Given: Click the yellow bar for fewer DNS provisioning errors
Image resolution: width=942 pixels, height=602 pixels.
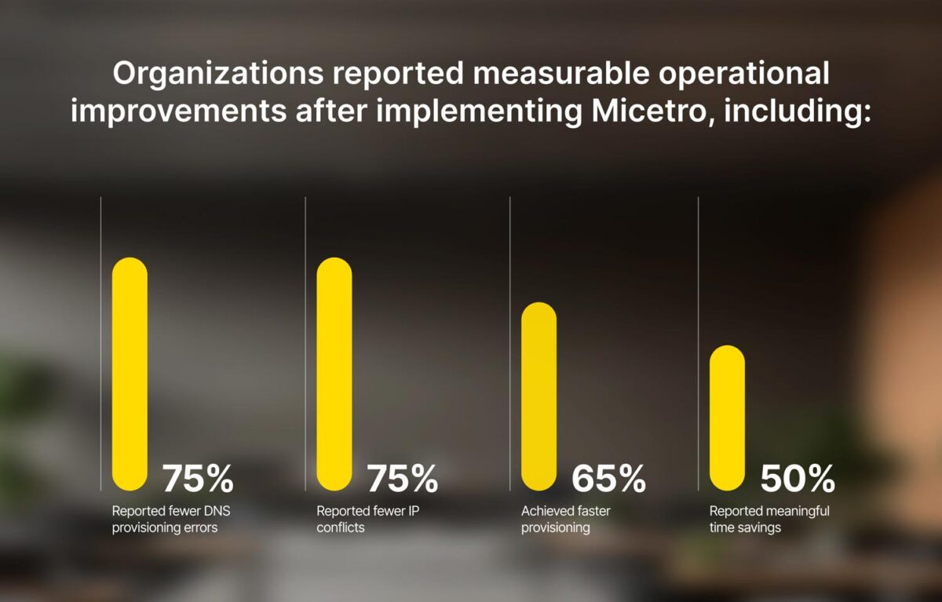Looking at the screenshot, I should (130, 374).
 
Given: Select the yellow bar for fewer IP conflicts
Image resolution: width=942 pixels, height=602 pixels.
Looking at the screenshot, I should (334, 374).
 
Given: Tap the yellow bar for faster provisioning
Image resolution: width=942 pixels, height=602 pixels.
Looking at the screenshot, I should (539, 396).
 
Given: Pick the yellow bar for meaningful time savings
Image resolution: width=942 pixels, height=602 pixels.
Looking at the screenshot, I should (727, 418).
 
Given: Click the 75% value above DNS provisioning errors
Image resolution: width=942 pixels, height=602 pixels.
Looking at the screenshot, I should (198, 478).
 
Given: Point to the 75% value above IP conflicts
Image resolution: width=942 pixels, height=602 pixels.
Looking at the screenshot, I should (403, 478).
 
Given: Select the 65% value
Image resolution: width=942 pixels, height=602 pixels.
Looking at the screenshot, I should (608, 478).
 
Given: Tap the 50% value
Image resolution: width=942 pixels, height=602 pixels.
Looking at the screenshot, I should (797, 478).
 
